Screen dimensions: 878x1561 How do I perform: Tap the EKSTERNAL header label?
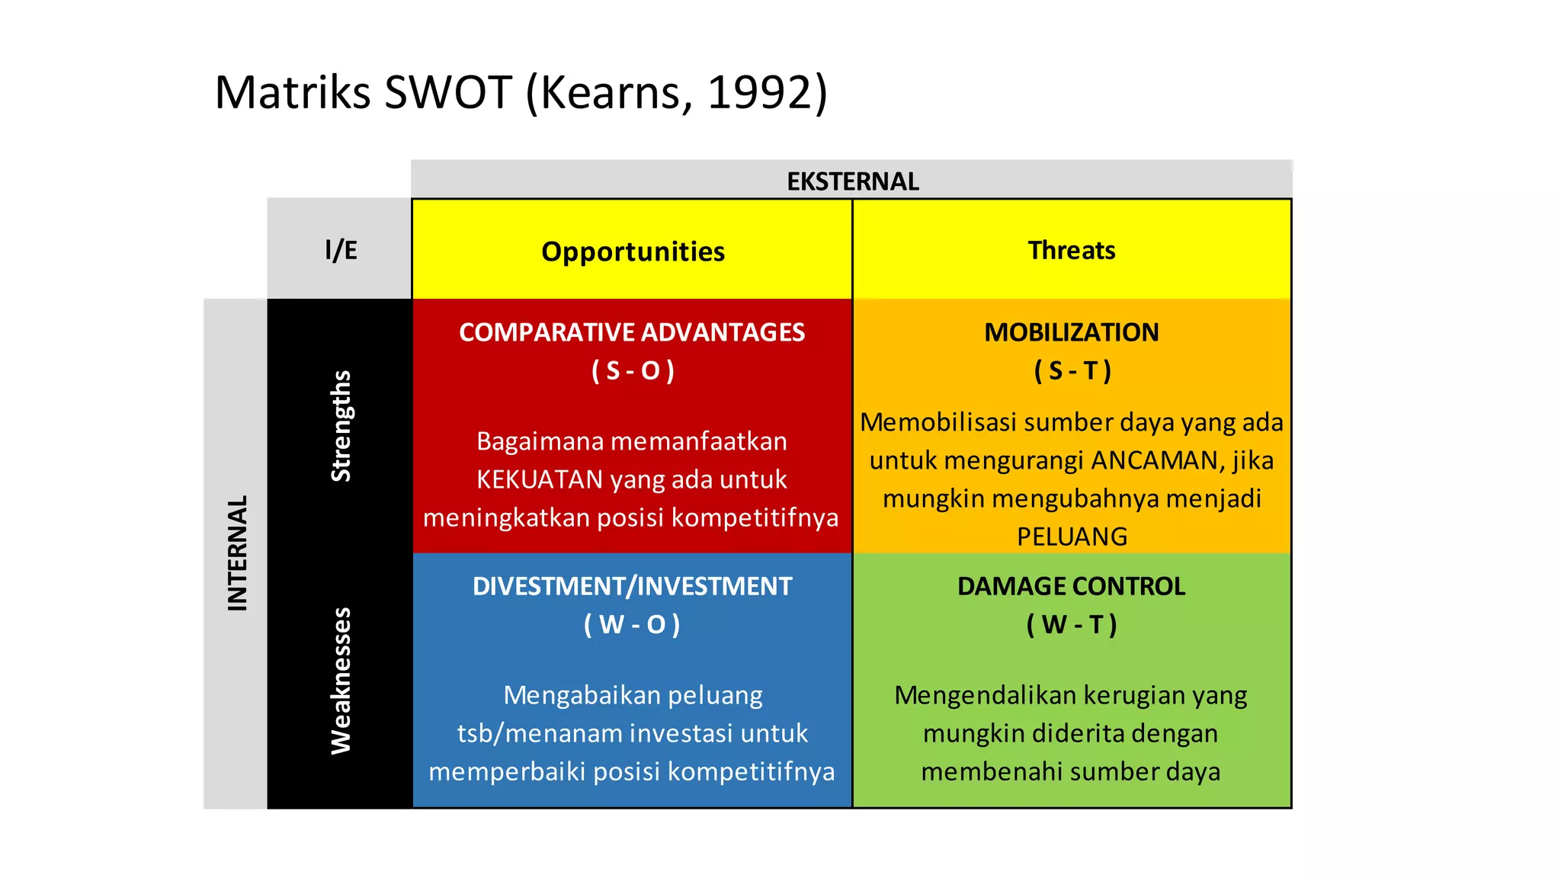(x=852, y=181)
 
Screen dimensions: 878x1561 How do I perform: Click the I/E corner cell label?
(x=341, y=250)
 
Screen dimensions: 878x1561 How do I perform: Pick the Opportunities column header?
(x=633, y=252)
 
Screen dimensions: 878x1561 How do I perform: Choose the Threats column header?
(x=1071, y=250)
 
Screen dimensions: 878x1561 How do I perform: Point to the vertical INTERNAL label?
(x=238, y=553)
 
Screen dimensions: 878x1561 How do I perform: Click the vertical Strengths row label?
(x=341, y=426)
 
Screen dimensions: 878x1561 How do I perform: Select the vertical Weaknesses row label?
(x=341, y=681)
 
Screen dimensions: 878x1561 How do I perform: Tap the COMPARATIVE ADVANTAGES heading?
(x=632, y=332)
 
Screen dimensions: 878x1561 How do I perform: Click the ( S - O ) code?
(x=633, y=370)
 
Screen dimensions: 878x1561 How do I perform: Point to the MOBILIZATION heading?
(x=1071, y=332)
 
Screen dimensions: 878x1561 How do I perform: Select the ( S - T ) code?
(x=1072, y=370)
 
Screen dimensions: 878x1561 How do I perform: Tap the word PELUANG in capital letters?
(x=1072, y=537)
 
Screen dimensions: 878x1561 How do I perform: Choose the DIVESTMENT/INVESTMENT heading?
(x=632, y=586)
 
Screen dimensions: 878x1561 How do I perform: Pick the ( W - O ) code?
(x=632, y=624)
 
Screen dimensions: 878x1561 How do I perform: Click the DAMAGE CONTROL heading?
(x=1071, y=586)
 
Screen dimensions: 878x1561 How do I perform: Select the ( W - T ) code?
(x=1071, y=624)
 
